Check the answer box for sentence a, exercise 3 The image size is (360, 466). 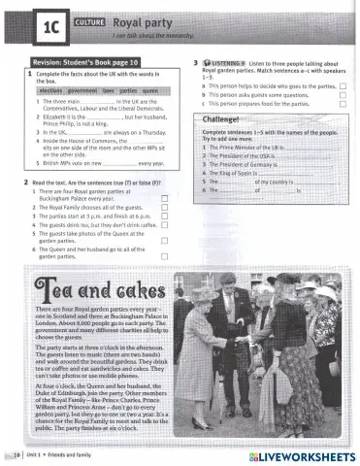pyautogui.click(x=344, y=86)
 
